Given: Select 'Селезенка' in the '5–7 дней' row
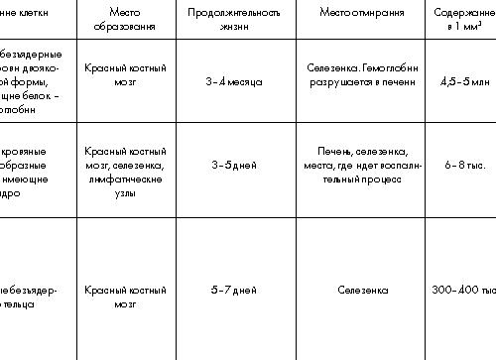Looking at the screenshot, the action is click(361, 290).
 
